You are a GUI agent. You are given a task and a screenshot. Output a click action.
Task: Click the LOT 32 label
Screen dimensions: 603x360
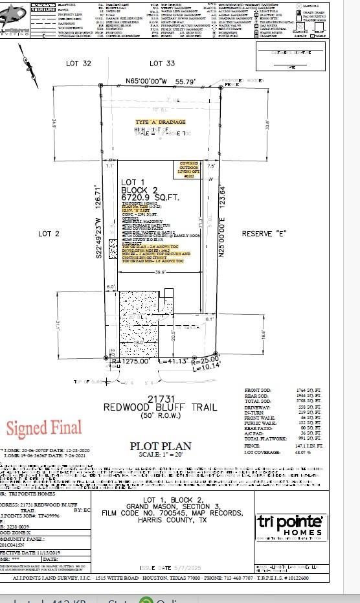pos(78,63)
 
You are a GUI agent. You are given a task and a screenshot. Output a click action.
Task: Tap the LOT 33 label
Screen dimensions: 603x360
pos(162,63)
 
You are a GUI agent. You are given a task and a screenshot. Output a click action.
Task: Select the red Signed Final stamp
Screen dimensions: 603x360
pos(44,428)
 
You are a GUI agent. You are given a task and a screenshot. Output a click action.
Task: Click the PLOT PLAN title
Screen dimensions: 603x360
pos(161,446)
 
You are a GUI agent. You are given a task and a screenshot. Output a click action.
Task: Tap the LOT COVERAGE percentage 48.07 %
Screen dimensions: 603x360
pos(299,452)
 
